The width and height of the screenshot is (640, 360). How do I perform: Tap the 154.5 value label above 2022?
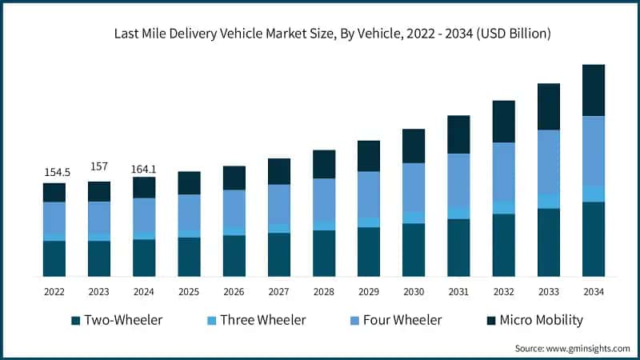[54, 172]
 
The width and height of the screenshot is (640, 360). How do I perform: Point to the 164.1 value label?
[144, 169]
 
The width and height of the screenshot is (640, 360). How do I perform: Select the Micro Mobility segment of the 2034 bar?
[593, 90]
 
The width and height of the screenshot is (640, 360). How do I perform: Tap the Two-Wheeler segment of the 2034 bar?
[593, 239]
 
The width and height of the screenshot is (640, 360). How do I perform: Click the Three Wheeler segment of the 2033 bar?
[548, 201]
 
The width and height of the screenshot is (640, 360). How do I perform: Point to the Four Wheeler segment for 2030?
[414, 187]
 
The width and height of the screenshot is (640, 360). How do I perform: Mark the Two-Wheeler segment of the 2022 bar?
[54, 258]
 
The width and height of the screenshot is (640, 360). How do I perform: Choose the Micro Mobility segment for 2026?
[234, 178]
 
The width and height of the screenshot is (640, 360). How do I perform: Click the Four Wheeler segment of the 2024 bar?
[144, 215]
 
